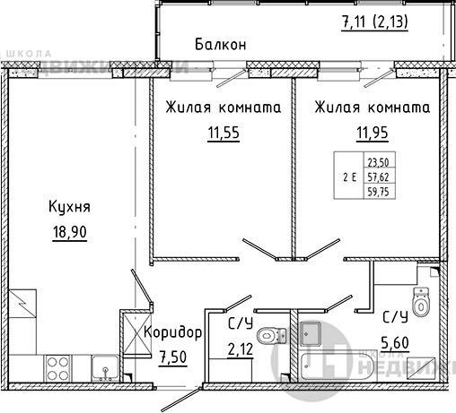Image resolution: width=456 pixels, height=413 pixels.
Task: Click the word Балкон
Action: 220,44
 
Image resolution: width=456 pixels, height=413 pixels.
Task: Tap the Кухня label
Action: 70,209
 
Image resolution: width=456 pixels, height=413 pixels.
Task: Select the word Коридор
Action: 173,332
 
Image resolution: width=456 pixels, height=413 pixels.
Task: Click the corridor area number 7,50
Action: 173,357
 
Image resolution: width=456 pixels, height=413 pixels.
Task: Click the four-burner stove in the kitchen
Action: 58,367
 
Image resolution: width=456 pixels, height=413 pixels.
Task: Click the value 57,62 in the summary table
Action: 390,176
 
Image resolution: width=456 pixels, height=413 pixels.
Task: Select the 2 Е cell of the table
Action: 349,176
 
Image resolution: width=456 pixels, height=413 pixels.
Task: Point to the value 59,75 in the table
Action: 390,191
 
